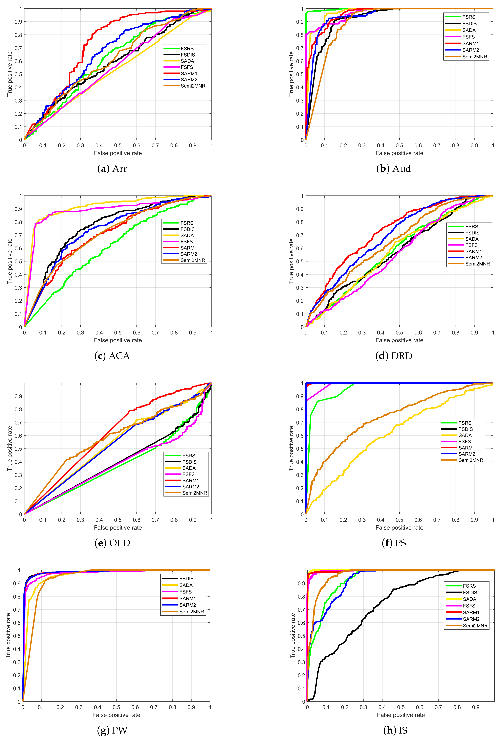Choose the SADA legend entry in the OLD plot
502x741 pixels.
click(x=189, y=468)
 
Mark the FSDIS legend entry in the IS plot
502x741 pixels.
click(x=470, y=592)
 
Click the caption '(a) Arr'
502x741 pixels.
click(x=112, y=169)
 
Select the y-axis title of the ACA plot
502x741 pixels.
click(x=10, y=261)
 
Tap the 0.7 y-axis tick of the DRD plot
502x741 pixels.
click(x=300, y=235)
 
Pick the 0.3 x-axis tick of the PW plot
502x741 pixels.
click(x=79, y=707)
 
